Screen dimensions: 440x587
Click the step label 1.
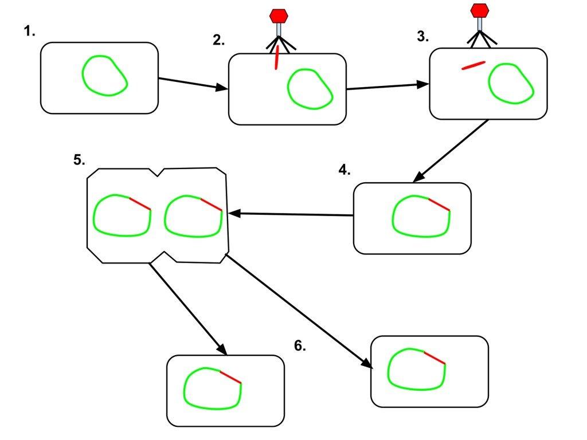tap(30, 32)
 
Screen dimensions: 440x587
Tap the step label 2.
tap(218, 40)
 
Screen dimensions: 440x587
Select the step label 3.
tap(422, 37)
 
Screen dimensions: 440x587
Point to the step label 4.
tap(344, 170)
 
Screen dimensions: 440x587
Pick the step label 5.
tap(79, 160)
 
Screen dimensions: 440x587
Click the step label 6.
tap(300, 346)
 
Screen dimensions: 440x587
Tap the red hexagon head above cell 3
tap(479, 10)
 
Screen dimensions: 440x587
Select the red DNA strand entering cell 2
tap(277, 58)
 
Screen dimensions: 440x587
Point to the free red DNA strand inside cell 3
tap(473, 65)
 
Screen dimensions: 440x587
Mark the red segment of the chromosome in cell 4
tap(439, 205)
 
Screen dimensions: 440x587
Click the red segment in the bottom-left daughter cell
tap(230, 376)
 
